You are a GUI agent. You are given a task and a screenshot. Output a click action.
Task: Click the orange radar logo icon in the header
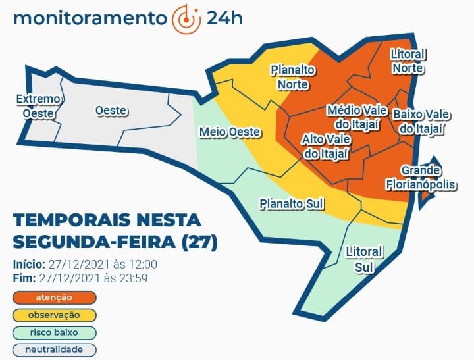(x=186, y=18)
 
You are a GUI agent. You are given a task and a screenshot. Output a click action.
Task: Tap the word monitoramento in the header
(x=90, y=18)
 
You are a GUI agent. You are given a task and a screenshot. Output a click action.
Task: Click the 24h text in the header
(x=224, y=18)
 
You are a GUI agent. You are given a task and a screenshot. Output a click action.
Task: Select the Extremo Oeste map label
(x=38, y=106)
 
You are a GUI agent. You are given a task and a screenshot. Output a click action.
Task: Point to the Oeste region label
(x=111, y=111)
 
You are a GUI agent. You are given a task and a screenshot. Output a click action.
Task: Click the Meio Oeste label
(x=230, y=132)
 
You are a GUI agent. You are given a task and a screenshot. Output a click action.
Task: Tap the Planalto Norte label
(x=293, y=77)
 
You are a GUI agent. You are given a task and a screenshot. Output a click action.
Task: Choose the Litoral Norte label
(x=408, y=61)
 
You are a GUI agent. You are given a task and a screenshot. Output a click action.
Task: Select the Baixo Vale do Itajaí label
(x=421, y=122)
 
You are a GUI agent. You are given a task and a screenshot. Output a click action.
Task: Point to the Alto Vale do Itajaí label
(x=325, y=146)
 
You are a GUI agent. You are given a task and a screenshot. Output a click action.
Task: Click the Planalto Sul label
(x=292, y=203)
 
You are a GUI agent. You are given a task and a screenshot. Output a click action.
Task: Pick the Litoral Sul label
(x=364, y=259)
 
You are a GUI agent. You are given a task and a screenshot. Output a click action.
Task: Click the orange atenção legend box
(x=54, y=297)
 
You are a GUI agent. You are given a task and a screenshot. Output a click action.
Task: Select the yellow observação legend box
(x=54, y=315)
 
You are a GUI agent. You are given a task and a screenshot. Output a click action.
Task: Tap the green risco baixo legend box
(x=54, y=332)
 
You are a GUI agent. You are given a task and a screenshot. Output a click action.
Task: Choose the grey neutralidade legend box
(x=54, y=349)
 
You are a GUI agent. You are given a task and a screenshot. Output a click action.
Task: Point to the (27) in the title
(x=199, y=242)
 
